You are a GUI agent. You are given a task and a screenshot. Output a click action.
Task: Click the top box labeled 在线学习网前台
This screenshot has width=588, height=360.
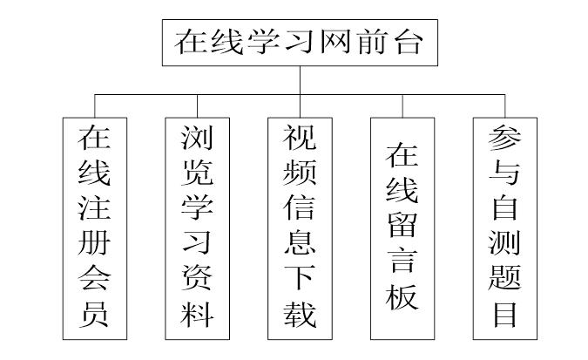pos(298,42)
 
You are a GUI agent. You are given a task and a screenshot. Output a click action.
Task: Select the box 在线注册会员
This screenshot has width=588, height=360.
pos(93,228)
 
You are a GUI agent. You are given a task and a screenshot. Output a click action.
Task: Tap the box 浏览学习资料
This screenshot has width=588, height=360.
pos(196,228)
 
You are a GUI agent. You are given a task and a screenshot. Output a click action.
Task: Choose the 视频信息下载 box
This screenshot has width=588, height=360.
pos(300,228)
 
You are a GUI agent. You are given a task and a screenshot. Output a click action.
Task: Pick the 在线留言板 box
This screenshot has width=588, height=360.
pos(402,228)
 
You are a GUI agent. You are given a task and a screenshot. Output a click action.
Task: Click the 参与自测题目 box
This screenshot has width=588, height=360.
pos(505,228)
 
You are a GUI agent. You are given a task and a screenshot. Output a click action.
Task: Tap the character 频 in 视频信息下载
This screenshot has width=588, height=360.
pos(300,173)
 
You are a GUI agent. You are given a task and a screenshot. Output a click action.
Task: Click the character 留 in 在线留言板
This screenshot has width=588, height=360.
pos(402,226)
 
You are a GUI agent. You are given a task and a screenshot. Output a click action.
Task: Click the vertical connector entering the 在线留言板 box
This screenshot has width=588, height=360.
pos(402,105)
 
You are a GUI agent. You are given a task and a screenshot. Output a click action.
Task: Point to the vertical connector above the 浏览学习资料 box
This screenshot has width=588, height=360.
pos(196,105)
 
